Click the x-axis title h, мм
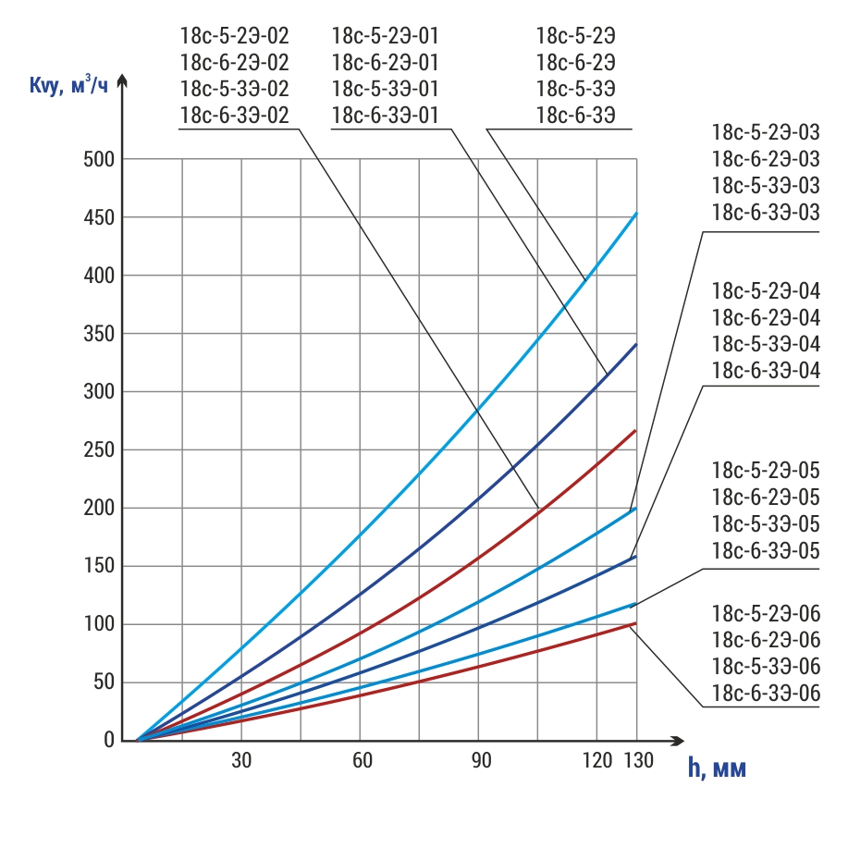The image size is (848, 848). (716, 768)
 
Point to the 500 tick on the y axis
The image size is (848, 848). (99, 159)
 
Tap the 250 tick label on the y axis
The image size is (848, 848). (99, 450)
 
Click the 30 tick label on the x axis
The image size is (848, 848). (241, 761)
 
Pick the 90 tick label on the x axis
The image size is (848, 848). (478, 761)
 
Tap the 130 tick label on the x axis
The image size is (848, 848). (636, 761)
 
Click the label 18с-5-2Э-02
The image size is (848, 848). (235, 37)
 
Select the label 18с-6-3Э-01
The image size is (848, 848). (385, 115)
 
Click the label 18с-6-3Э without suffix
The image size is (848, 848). (576, 115)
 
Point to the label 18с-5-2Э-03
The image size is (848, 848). (766, 133)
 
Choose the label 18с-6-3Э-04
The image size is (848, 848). (766, 370)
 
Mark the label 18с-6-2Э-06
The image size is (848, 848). (766, 640)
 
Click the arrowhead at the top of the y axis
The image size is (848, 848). (123, 83)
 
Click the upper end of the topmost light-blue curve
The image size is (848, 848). (636, 214)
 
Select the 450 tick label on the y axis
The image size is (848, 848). (99, 218)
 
